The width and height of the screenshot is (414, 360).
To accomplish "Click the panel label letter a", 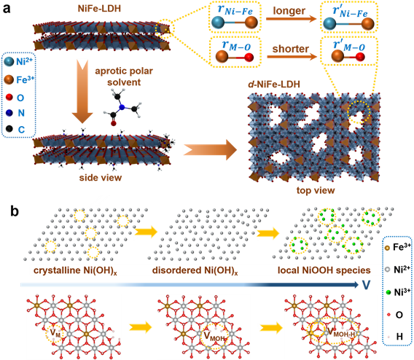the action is [x=7, y=9].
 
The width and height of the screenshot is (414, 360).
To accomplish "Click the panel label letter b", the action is [x=15, y=211].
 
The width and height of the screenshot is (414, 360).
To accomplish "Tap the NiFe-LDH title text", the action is [x=99, y=9].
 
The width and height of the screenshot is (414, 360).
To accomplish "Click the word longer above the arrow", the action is [x=289, y=11].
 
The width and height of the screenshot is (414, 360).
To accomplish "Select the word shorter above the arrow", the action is [x=290, y=49].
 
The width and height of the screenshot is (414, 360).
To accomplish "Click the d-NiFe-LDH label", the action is [x=274, y=85].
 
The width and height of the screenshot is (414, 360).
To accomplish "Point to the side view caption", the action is [x=101, y=178].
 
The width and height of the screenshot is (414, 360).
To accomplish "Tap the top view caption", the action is [x=316, y=190].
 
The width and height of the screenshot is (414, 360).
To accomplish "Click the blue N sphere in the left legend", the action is [x=9, y=113].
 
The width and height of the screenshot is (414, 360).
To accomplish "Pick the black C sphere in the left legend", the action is [x=9, y=129].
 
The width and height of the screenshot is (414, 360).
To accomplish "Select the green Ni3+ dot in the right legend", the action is [x=388, y=292].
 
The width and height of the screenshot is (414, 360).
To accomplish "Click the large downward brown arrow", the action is [x=82, y=91].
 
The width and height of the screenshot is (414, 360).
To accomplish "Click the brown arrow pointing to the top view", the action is [x=211, y=149].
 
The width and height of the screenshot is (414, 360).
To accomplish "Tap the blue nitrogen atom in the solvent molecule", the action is [x=122, y=107].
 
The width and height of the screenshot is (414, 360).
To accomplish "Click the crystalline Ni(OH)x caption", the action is [x=75, y=271].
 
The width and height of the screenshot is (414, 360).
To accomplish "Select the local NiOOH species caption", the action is [x=324, y=270].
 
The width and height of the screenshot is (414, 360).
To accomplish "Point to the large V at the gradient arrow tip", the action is [x=366, y=285].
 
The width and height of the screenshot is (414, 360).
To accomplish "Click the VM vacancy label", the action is [x=55, y=333].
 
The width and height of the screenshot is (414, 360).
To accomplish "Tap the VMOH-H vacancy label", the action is [x=341, y=333].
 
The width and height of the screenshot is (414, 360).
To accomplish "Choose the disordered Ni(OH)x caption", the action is [x=195, y=271].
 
